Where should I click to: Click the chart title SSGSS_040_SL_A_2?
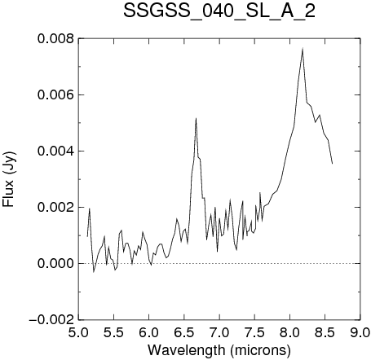pyautogui.click(x=219, y=11)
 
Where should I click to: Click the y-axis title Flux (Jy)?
pyautogui.click(x=8, y=179)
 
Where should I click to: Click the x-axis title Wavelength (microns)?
pyautogui.click(x=219, y=350)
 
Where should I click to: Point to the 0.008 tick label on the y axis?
pyautogui.click(x=55, y=38)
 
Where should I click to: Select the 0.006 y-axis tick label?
pyautogui.click(x=55, y=94)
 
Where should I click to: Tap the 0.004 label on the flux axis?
pyautogui.click(x=55, y=151)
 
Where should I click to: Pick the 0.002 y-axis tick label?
pyautogui.click(x=55, y=207)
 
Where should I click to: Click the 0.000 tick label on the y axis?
pyautogui.click(x=55, y=263)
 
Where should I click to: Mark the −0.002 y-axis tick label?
pyautogui.click(x=51, y=320)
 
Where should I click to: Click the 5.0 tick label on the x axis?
pyautogui.click(x=79, y=332)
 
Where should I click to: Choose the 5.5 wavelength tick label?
pyautogui.click(x=114, y=332)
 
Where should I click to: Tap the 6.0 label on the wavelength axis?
pyautogui.click(x=149, y=332)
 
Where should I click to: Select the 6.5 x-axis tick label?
pyautogui.click(x=184, y=332)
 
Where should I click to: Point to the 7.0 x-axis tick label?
pyautogui.click(x=219, y=332)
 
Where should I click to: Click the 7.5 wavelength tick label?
pyautogui.click(x=254, y=332)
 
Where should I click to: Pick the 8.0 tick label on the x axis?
pyautogui.click(x=289, y=332)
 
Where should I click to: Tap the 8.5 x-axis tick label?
pyautogui.click(x=325, y=332)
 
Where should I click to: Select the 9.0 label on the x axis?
pyautogui.click(x=360, y=332)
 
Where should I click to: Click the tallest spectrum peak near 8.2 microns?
pyautogui.click(x=303, y=49)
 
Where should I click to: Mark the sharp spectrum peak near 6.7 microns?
pyautogui.click(x=196, y=119)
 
